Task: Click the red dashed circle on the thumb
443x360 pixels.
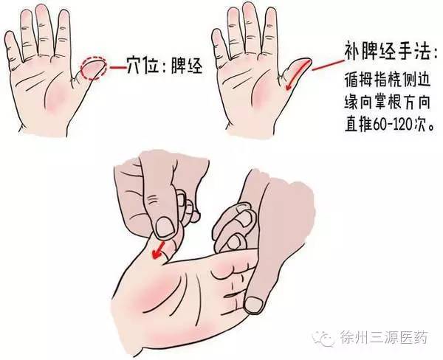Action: pyautogui.click(x=93, y=69)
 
